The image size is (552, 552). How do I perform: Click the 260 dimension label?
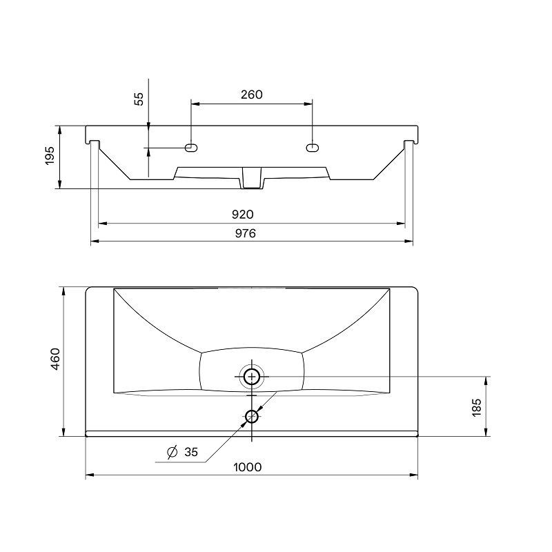coord(251,95)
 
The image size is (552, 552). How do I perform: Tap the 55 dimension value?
coord(139,99)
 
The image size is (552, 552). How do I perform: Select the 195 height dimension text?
coord(50,156)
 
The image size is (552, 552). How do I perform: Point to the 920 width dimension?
coord(243,215)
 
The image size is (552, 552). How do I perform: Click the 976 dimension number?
coord(246,233)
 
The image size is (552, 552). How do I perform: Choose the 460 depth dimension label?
coord(56,359)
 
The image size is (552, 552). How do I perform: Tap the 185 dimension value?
coord(476,408)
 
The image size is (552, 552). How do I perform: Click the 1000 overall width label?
coord(248,467)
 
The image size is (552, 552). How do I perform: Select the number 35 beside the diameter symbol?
coord(191,452)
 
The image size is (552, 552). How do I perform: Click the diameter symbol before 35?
coord(172,452)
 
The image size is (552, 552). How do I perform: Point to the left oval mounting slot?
coord(191,148)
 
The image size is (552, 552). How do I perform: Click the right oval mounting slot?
coord(313,148)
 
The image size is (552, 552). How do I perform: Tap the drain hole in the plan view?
coord(252,377)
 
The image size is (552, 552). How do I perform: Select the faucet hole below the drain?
coord(252,417)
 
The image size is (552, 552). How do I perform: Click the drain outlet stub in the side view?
coord(252,178)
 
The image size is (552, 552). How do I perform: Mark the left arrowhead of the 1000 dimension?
coord(90,475)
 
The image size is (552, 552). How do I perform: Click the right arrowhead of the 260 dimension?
coord(308,103)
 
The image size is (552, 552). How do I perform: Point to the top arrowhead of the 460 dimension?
coord(63,291)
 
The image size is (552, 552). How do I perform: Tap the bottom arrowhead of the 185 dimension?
coord(486,433)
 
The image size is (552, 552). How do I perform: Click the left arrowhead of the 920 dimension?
coord(102,223)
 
